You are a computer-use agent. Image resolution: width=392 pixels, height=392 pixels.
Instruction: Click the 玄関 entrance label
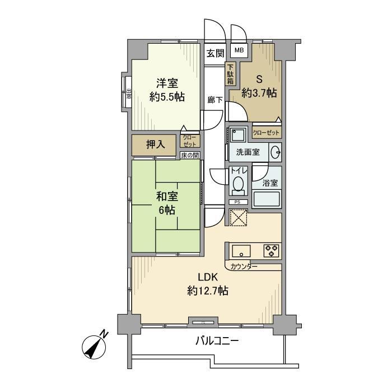(215, 53)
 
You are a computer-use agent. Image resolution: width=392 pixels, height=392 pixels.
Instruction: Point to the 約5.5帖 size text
(166, 96)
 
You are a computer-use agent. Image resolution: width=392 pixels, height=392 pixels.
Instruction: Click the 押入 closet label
(155, 144)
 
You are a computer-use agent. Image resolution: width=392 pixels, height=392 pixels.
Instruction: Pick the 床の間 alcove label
(189, 155)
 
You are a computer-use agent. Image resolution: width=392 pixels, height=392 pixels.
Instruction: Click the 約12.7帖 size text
(207, 291)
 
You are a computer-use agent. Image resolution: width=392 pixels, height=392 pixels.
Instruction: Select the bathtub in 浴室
(267, 200)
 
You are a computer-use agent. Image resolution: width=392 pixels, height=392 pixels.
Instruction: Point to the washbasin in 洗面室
(275, 152)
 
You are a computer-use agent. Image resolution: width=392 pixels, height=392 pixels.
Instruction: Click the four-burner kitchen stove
(272, 250)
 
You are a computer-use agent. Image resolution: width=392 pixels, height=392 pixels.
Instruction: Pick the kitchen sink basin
(240, 250)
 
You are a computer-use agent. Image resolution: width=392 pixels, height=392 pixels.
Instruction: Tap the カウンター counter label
(244, 267)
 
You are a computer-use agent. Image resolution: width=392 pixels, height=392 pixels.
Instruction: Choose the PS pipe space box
(237, 202)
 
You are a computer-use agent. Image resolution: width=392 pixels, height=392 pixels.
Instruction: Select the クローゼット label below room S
(267, 133)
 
